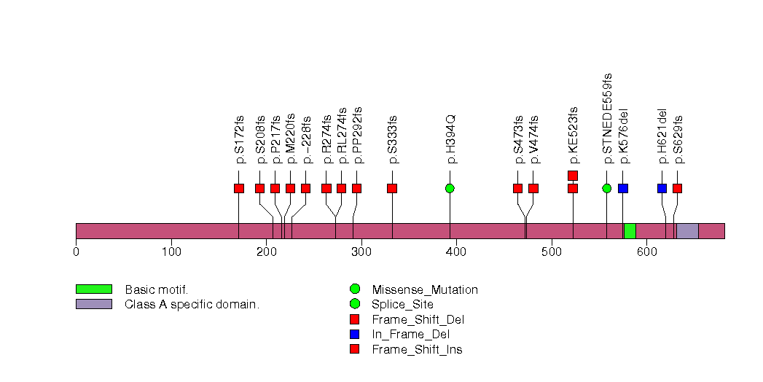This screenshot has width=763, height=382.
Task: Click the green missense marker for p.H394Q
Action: tap(450, 188)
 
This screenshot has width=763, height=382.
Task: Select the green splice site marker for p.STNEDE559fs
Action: tap(607, 188)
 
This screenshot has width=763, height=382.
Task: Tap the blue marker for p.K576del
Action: tap(622, 188)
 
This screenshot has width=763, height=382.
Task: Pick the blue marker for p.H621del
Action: tap(662, 188)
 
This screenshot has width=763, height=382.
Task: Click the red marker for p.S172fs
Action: tap(239, 188)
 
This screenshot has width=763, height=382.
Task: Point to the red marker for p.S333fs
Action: tap(392, 188)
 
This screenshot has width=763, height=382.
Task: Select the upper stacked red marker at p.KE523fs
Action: tap(573, 175)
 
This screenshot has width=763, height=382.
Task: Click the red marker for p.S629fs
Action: tap(677, 188)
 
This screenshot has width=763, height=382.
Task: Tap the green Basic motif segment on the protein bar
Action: tap(630, 230)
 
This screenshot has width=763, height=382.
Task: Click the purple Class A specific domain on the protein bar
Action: tap(687, 230)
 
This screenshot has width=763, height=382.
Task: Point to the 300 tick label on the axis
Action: tap(361, 252)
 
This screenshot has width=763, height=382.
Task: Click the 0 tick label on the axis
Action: tap(76, 252)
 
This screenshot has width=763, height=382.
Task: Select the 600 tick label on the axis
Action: tap(646, 252)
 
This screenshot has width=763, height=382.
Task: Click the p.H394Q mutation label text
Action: tap(451, 139)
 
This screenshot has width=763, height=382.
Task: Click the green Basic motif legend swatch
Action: tap(93, 289)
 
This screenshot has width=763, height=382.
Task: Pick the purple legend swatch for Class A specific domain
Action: tap(93, 304)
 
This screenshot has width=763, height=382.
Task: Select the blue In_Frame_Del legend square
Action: tap(355, 335)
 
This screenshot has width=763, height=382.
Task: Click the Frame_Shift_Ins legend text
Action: tap(417, 349)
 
